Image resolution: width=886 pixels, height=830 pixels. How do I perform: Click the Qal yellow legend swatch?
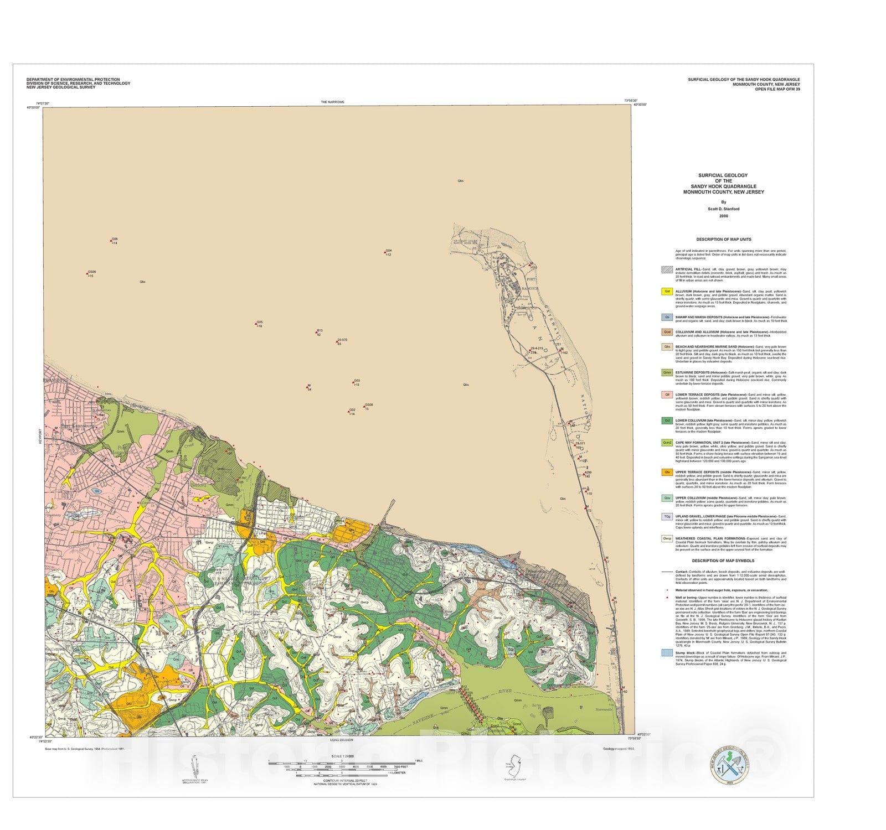[x=667, y=291]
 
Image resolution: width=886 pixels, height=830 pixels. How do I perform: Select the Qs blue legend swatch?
[x=667, y=318]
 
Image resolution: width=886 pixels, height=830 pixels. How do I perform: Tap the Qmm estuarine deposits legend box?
[x=667, y=373]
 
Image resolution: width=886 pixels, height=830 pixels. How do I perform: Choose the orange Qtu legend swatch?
[x=667, y=473]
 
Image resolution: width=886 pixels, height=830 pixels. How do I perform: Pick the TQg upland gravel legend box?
[x=667, y=516]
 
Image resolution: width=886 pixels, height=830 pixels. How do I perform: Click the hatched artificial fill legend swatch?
[x=667, y=269]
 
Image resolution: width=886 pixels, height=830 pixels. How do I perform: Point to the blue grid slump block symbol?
[x=667, y=653]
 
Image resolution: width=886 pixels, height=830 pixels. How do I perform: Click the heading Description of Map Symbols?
[x=723, y=561]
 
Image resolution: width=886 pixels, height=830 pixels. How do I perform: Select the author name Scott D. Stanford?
[x=723, y=209]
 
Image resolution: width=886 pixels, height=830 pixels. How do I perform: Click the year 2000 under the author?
[x=723, y=216]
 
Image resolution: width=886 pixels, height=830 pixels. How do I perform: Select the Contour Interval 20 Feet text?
[x=345, y=781]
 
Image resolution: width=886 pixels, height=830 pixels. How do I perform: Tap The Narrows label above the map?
[x=332, y=102]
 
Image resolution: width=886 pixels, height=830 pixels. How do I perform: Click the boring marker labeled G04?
[x=385, y=252]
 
